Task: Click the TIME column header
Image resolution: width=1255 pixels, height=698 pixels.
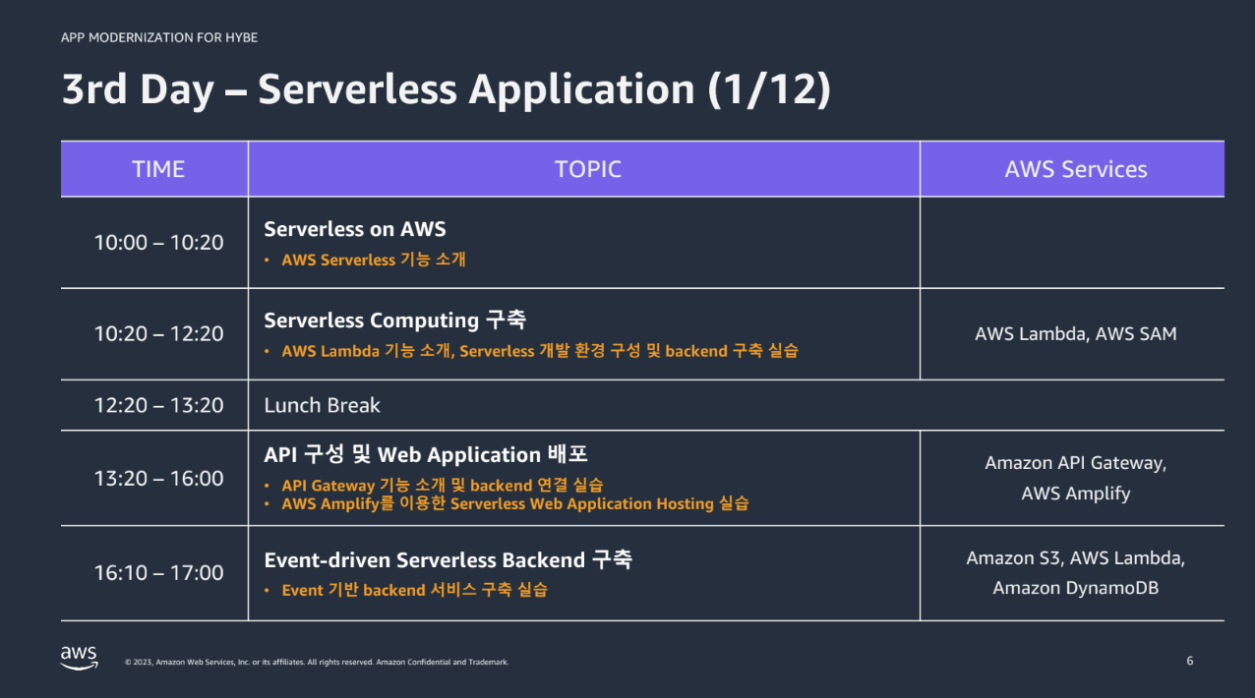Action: click(x=158, y=169)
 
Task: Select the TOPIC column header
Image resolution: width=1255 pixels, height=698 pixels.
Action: click(x=587, y=169)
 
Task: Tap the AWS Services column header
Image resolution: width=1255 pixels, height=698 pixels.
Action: click(x=1075, y=169)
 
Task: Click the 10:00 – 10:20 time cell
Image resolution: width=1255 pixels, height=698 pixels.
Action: click(x=158, y=242)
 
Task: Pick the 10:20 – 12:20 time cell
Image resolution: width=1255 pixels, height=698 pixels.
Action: click(x=158, y=333)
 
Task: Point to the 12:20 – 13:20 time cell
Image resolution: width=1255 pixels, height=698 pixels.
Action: click(x=158, y=405)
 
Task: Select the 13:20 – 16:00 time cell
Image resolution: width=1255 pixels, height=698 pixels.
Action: click(x=158, y=478)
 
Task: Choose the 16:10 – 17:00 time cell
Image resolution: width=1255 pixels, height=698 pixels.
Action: click(x=158, y=572)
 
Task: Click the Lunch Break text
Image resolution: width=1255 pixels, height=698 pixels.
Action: click(x=322, y=405)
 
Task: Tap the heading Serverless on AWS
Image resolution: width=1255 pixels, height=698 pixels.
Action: click(x=354, y=229)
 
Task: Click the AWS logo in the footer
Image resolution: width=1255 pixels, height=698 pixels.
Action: click(x=79, y=657)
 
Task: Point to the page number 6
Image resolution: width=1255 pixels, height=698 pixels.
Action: click(x=1189, y=661)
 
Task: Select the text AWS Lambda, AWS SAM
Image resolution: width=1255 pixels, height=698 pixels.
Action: click(x=1075, y=333)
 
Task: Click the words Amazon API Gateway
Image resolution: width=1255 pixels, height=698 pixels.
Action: click(x=1075, y=462)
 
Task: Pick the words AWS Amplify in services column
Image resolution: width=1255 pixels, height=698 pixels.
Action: click(x=1075, y=494)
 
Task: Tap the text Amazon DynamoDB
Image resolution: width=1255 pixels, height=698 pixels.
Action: click(x=1075, y=588)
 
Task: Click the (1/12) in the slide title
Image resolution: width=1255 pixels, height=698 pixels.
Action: click(x=769, y=89)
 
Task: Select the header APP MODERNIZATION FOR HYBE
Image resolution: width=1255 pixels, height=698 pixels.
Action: click(x=159, y=37)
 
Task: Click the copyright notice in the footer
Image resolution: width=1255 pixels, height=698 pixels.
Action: click(x=317, y=663)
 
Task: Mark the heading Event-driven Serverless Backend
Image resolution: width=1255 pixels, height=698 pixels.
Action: click(x=424, y=560)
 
